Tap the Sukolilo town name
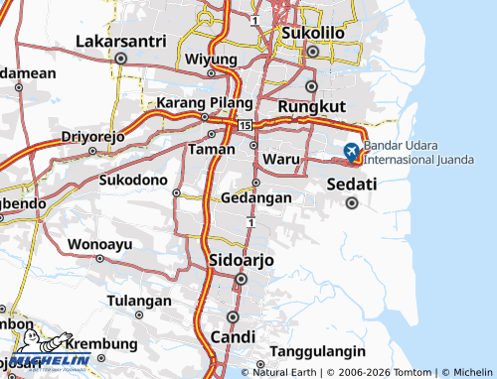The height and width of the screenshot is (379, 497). pyautogui.click(x=313, y=33)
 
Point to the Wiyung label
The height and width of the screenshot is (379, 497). pyautogui.click(x=210, y=59)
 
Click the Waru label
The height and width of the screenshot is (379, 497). pyautogui.click(x=282, y=158)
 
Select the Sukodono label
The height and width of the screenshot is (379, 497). pyautogui.click(x=133, y=180)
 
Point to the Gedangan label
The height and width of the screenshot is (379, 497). pyautogui.click(x=256, y=197)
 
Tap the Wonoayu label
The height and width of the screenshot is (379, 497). pyautogui.click(x=99, y=243)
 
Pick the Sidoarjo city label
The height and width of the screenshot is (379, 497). pyautogui.click(x=242, y=260)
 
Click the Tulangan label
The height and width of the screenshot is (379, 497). pyautogui.click(x=139, y=301)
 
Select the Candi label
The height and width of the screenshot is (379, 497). pyautogui.click(x=233, y=337)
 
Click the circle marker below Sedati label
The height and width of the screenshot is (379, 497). pyautogui.click(x=351, y=203)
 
